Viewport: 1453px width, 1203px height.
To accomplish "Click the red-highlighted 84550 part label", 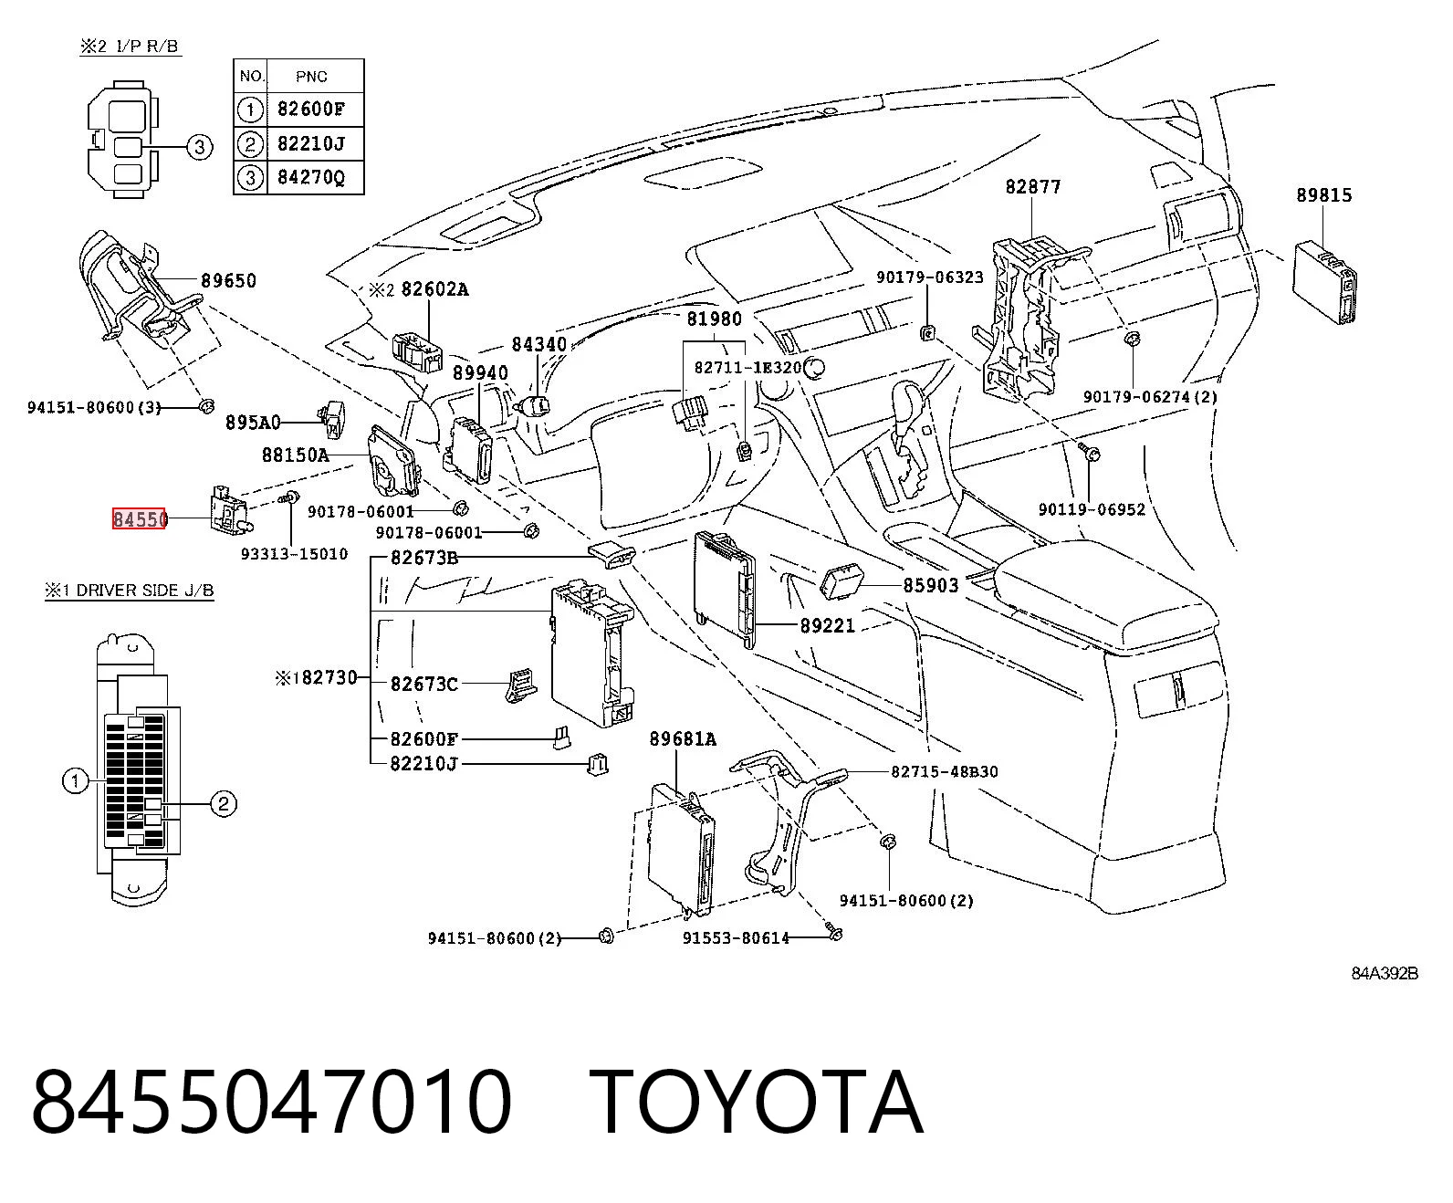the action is pyautogui.click(x=139, y=518).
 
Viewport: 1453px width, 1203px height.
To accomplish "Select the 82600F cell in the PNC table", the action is pyautogui.click(x=311, y=110).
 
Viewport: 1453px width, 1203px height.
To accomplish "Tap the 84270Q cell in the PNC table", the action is pyautogui.click(x=311, y=177).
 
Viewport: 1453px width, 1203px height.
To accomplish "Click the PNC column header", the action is pyautogui.click(x=311, y=77).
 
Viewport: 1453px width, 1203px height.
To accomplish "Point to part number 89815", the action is pyautogui.click(x=1323, y=195).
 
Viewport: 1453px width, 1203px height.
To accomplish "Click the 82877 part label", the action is pyautogui.click(x=1032, y=186).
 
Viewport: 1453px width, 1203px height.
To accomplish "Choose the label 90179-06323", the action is pyautogui.click(x=930, y=277).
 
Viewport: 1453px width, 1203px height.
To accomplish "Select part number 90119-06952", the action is pyautogui.click(x=1092, y=509).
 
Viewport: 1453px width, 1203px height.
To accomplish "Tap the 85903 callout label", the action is pyautogui.click(x=930, y=585).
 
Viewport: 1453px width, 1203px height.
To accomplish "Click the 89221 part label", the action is pyautogui.click(x=828, y=626).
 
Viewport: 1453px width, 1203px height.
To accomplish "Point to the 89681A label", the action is pyautogui.click(x=683, y=738).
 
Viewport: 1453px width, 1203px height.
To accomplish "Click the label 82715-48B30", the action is pyautogui.click(x=945, y=771).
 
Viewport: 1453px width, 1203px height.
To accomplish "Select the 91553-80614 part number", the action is pyautogui.click(x=736, y=938).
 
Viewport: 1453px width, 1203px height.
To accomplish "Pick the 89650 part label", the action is pyautogui.click(x=228, y=280).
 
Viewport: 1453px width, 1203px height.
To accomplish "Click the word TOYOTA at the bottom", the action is pyautogui.click(x=757, y=1104).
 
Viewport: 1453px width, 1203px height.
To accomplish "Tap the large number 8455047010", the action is pyautogui.click(x=271, y=1104).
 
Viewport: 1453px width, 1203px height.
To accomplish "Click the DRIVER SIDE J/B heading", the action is pyautogui.click(x=145, y=591).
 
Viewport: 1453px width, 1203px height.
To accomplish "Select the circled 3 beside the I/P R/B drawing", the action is pyautogui.click(x=200, y=147).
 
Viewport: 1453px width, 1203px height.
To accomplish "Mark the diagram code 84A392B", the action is pyautogui.click(x=1385, y=973).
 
